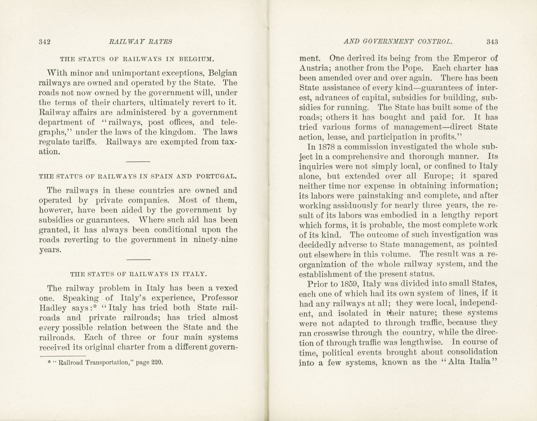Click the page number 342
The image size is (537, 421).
click(x=45, y=42)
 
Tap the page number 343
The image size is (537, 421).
click(x=492, y=42)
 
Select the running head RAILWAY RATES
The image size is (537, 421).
click(x=140, y=42)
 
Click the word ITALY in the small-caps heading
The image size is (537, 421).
click(x=195, y=274)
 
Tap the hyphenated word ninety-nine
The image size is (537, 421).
click(x=215, y=240)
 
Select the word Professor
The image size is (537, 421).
click(x=219, y=298)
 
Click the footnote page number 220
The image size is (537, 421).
click(x=157, y=362)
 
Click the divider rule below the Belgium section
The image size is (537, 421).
click(x=138, y=162)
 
